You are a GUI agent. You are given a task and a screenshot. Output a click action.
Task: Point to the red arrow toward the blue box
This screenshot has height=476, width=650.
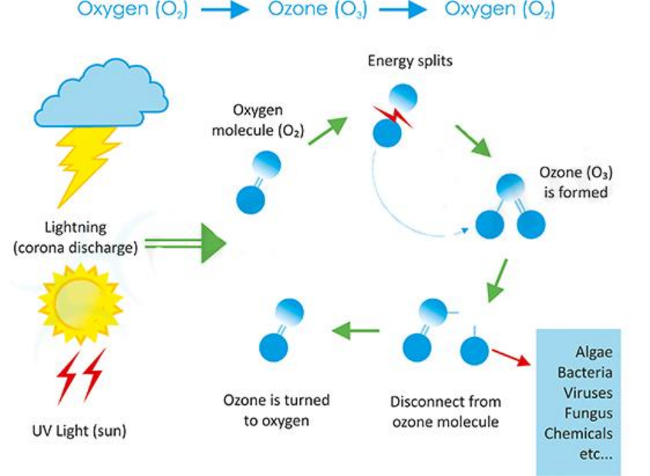click(512, 356)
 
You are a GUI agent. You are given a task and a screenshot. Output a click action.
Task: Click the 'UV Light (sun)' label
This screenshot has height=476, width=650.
click(80, 430)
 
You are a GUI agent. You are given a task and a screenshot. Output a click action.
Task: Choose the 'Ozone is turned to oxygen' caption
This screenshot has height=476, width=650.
click(277, 410)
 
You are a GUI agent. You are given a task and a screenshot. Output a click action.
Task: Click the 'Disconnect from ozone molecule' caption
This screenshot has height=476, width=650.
click(446, 412)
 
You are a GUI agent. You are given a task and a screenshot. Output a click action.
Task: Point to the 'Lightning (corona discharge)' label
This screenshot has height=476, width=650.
click(80, 237)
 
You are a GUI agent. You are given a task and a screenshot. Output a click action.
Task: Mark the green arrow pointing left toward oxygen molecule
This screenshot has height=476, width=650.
click(356, 331)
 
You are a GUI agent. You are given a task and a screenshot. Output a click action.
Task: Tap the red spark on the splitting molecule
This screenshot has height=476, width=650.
click(392, 116)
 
